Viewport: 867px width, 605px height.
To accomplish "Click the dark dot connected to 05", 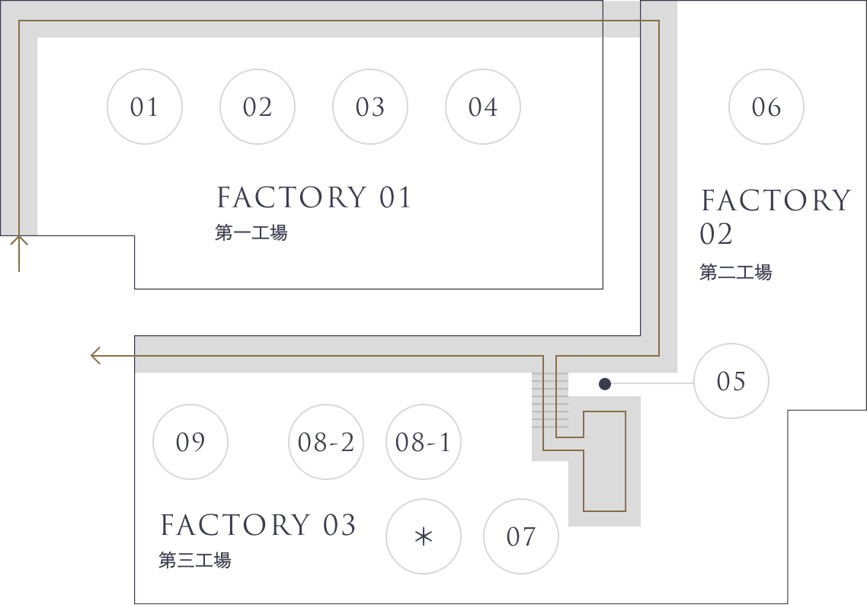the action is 605,384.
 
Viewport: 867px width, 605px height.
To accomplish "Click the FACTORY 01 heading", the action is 314,197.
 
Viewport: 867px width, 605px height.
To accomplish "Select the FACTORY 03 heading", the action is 258,525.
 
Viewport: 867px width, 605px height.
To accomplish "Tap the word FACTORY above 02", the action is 776,200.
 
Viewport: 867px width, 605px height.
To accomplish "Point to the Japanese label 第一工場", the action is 251,233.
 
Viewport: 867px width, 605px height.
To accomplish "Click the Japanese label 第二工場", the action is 735,272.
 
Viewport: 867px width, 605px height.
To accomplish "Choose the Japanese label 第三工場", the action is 194,560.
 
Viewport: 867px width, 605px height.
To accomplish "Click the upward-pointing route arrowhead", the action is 19,241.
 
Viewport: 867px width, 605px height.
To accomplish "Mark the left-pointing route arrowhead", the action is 96,356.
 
